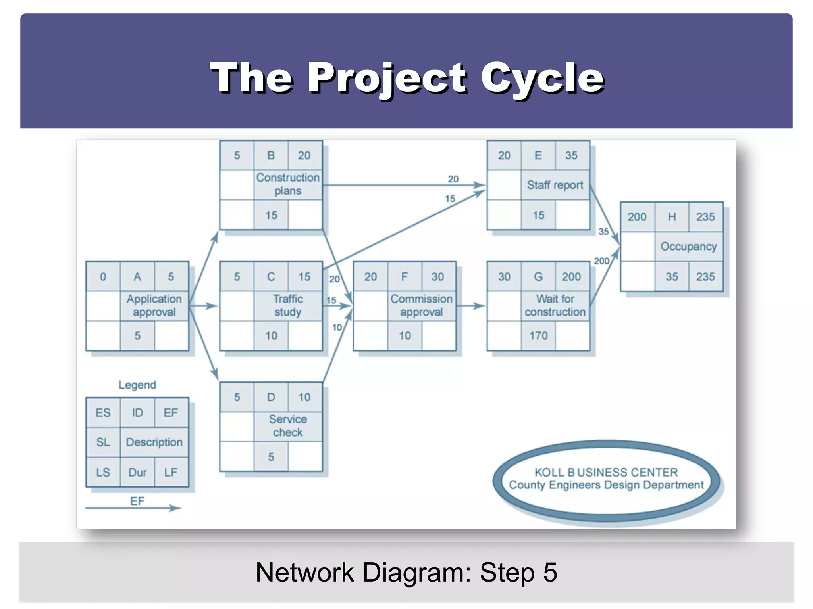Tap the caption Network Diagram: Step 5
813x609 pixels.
click(x=406, y=572)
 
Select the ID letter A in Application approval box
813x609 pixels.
click(x=137, y=276)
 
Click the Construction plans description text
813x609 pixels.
click(x=288, y=184)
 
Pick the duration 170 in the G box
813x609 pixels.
click(x=538, y=336)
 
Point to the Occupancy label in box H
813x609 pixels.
click(x=688, y=246)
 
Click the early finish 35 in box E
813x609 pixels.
click(x=571, y=155)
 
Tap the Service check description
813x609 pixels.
click(x=288, y=425)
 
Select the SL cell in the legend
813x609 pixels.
click(x=103, y=442)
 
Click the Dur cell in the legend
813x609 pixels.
click(x=137, y=472)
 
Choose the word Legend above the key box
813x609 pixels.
click(x=137, y=385)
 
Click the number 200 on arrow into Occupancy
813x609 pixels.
click(x=601, y=261)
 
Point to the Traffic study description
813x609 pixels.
click(x=288, y=305)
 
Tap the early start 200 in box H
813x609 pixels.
click(x=637, y=217)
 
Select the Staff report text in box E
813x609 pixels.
click(x=555, y=185)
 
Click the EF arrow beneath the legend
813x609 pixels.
click(x=133, y=508)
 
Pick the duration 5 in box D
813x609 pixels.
click(x=271, y=457)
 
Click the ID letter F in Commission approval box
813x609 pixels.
click(x=405, y=276)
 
